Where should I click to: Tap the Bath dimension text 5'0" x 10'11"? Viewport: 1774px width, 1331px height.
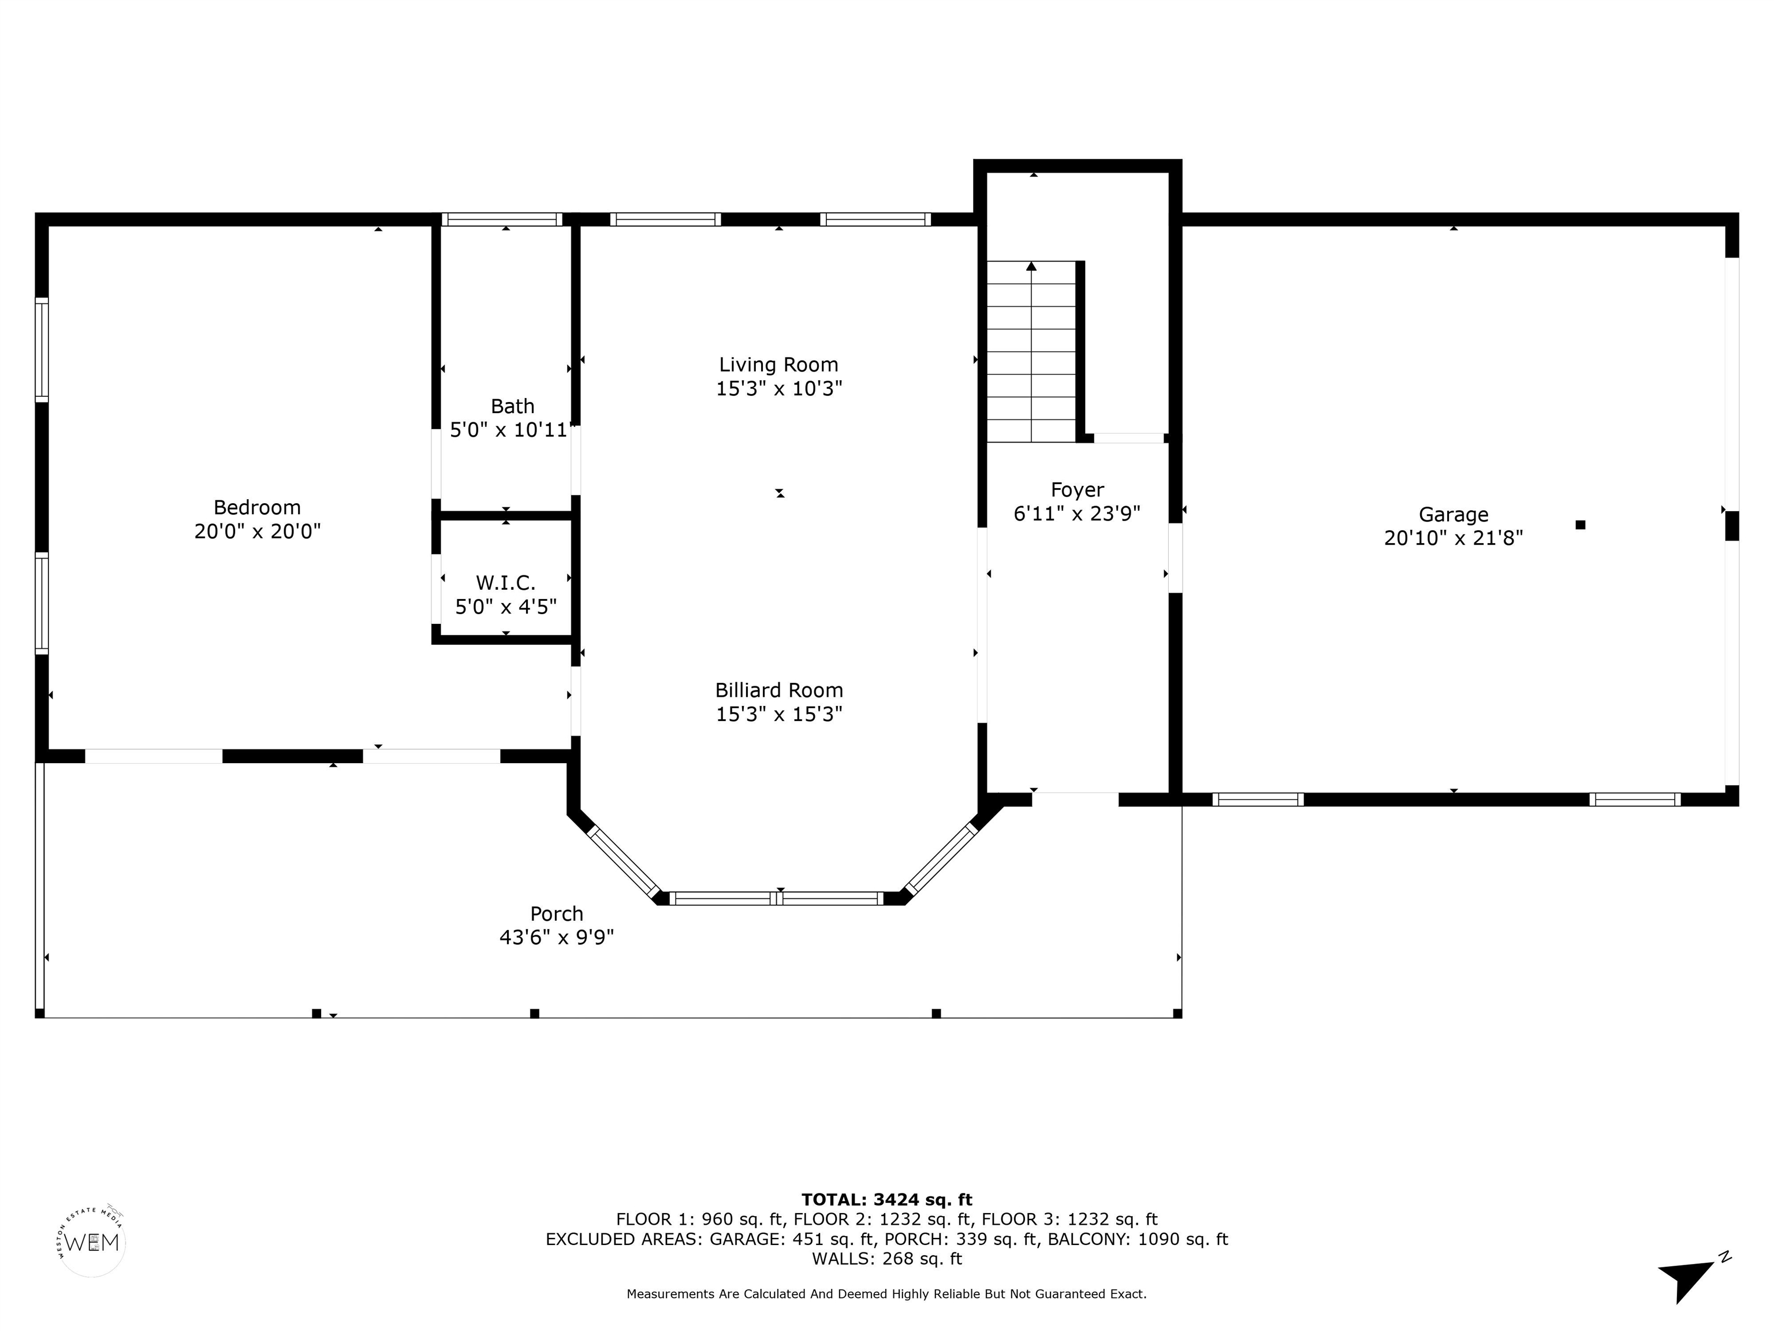coord(511,430)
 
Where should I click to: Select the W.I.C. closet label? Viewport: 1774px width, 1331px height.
coord(505,582)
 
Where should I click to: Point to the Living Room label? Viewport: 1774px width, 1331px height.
coord(779,365)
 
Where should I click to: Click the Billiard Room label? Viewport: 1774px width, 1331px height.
coord(779,690)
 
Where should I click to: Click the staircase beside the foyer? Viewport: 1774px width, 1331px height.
coord(1031,351)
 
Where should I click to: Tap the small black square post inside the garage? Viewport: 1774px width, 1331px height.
coord(1580,525)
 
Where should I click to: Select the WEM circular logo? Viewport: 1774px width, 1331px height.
coord(92,1243)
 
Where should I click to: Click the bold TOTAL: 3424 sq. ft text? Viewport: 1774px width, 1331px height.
coord(886,1199)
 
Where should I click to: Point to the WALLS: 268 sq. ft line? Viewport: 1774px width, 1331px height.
coord(886,1259)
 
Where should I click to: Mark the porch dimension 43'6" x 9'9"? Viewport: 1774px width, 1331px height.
coord(557,937)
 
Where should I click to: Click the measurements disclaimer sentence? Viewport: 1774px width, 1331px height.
coord(886,1294)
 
